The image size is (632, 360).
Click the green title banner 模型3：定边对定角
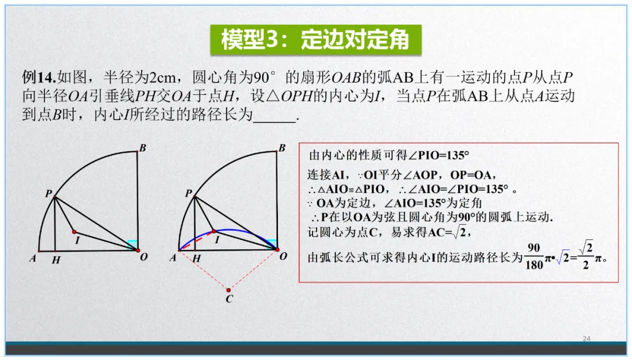[315, 39]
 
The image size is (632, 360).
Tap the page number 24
[587, 339]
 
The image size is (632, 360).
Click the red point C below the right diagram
[228, 290]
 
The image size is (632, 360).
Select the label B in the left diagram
[142, 149]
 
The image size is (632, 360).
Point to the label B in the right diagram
[282, 149]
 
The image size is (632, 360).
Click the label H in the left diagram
[56, 260]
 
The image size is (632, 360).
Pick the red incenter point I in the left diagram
[74, 231]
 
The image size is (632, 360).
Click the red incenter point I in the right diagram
[214, 231]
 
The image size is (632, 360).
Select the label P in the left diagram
[49, 193]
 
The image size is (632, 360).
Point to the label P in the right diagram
[188, 193]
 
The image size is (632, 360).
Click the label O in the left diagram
[143, 258]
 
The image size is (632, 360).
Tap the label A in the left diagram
[33, 258]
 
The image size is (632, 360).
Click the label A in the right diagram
[173, 258]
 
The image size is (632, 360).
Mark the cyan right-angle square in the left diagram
[133, 244]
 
